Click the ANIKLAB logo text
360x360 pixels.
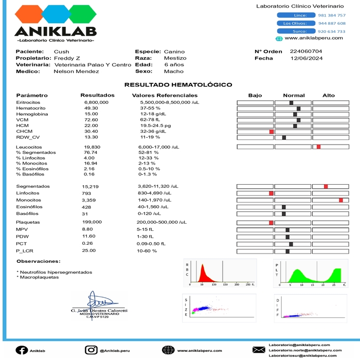(x=56, y=31)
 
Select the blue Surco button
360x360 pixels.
(x=293, y=31)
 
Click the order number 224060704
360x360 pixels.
(x=306, y=51)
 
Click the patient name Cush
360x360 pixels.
(x=61, y=51)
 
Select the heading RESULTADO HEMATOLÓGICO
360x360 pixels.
(x=178, y=85)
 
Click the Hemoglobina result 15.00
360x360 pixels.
(x=91, y=114)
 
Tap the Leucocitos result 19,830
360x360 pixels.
(x=92, y=147)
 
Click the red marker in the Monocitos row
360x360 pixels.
(x=340, y=200)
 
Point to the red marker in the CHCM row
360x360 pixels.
(x=271, y=132)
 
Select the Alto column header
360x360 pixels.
(x=328, y=96)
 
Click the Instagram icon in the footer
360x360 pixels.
(x=91, y=350)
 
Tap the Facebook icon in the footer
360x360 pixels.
(x=22, y=350)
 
